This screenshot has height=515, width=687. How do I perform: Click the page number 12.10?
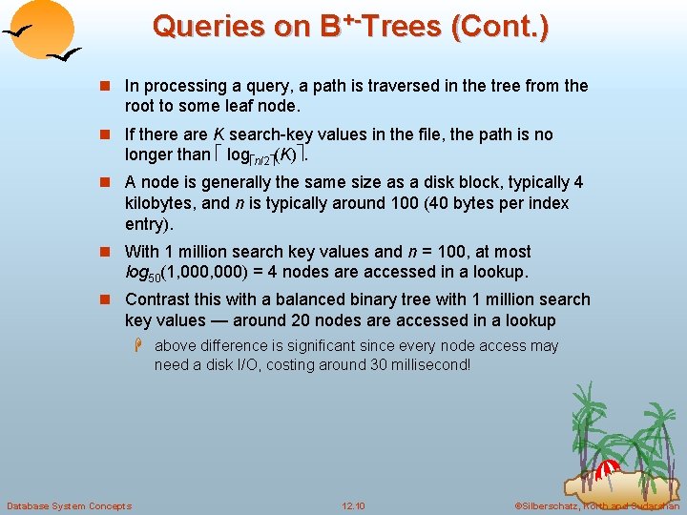coord(353,505)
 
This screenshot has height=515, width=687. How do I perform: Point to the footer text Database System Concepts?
coord(69,505)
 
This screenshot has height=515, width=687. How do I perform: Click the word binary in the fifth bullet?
coord(392,299)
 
